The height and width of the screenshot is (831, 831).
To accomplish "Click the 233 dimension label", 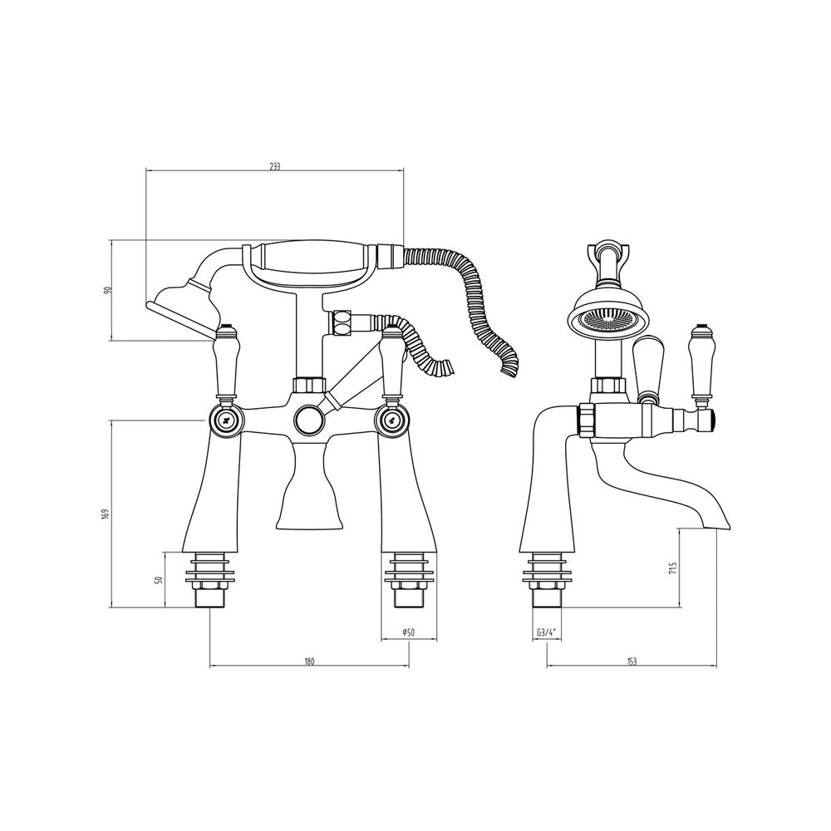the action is point(274,166).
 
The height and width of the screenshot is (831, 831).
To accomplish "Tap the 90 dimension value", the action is point(106,290).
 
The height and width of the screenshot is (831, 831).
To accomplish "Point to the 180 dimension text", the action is point(309,661).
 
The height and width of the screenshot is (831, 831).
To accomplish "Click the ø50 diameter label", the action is point(408,632).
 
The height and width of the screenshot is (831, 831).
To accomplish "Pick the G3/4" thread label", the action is point(547,632).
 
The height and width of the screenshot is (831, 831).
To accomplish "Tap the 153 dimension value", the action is point(632,661).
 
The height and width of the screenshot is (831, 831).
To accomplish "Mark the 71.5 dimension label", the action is point(672,569).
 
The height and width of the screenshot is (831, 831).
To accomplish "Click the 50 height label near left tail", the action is point(157,580).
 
